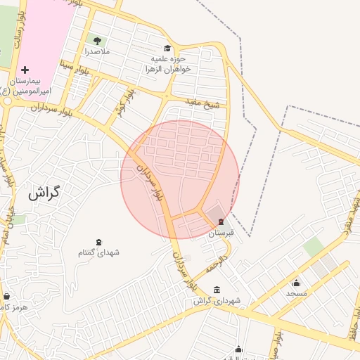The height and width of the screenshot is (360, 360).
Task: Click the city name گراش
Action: coord(44,193)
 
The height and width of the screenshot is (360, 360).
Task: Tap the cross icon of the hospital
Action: coord(25,70)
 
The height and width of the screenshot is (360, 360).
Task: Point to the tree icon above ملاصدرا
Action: coord(96,40)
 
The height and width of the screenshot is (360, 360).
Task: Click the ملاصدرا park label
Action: coord(96,51)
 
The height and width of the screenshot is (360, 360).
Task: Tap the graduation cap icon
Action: coord(167,48)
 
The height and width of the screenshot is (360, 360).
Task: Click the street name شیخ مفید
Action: coord(202,105)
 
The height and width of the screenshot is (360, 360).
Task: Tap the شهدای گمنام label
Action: coord(97,252)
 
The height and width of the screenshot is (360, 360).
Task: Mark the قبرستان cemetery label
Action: coord(221,232)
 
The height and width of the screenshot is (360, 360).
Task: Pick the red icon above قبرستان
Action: coord(221,221)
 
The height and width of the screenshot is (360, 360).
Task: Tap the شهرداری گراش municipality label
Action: coord(217,301)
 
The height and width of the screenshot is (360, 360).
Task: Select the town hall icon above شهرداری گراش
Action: coord(217,290)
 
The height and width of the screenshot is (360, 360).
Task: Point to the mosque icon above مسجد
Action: coord(296,283)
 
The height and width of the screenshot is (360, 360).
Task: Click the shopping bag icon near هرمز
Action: coord(7,296)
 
